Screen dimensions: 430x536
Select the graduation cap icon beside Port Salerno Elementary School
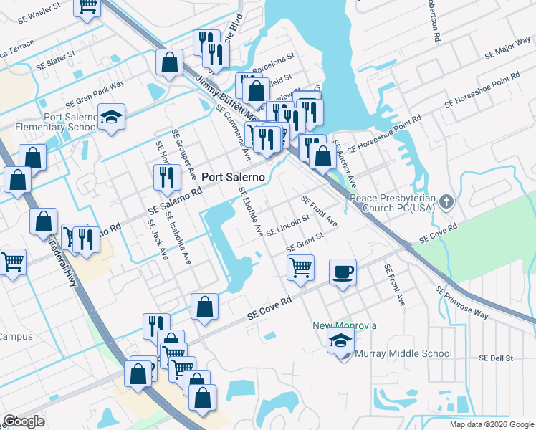click(x=111, y=117)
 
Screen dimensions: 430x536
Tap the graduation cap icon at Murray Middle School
click(x=341, y=341)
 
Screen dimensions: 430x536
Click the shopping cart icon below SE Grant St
click(x=300, y=267)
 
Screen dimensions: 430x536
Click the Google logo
click(x=24, y=421)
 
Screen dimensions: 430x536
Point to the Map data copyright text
click(x=492, y=424)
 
